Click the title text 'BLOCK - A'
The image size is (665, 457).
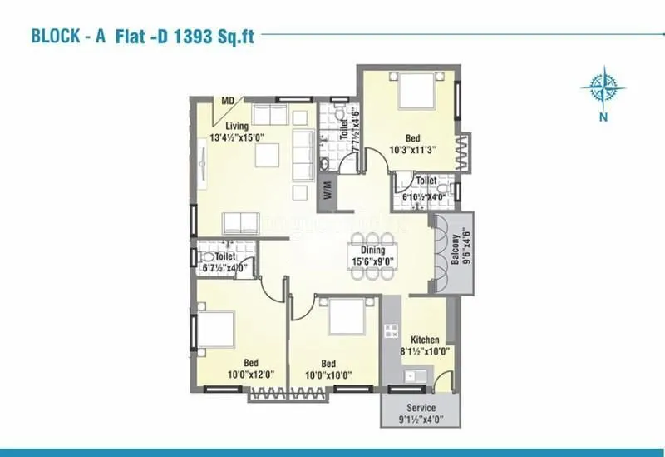69,37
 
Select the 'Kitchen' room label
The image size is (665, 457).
425,340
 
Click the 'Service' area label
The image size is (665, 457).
420,409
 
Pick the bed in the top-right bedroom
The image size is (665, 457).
416,92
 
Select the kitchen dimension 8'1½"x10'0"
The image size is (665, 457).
425,351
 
